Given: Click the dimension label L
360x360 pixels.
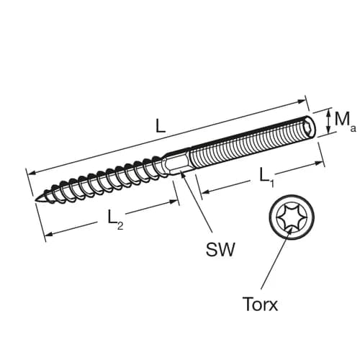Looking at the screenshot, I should tap(160, 125).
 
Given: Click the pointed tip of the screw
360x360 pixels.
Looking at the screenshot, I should tap(37, 199).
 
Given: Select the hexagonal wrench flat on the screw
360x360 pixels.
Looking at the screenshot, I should tap(181, 159).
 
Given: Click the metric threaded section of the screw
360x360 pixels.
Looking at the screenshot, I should tap(245, 143).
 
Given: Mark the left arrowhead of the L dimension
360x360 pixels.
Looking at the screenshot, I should tap(30, 171).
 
